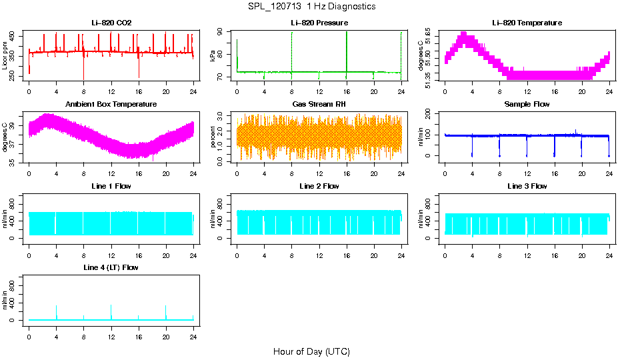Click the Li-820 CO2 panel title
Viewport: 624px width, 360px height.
click(x=111, y=23)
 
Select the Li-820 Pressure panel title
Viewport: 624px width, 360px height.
click(x=319, y=23)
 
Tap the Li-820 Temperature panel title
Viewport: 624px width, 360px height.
click(x=527, y=23)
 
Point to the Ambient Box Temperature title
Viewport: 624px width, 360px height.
click(x=111, y=105)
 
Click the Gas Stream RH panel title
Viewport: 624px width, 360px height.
click(x=319, y=105)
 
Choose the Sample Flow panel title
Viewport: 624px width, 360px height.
click(x=527, y=105)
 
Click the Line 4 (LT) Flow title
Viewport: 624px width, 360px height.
click(x=111, y=267)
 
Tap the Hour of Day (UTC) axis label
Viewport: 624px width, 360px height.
click(x=311, y=351)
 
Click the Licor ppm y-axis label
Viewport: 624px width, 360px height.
click(x=5, y=56)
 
